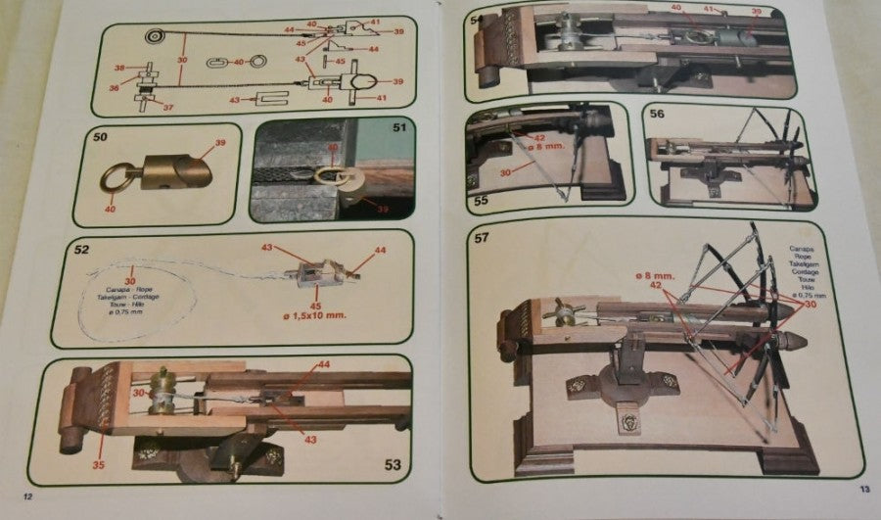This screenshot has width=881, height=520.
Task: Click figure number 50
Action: tap(100, 137)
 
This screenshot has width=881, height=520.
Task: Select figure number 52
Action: tap(83, 249)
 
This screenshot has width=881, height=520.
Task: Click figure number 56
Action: tap(657, 114)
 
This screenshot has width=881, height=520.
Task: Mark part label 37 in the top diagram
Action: tap(168, 108)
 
